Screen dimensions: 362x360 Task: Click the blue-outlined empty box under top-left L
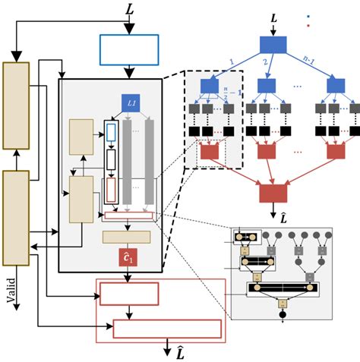point(129,50)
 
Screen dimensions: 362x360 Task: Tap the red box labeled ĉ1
point(127,258)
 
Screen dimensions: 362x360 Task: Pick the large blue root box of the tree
point(273,45)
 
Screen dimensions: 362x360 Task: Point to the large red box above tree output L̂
point(273,193)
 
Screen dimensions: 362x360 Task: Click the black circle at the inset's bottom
point(282,314)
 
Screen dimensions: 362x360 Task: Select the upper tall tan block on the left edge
point(16,105)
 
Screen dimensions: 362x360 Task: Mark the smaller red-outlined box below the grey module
point(129,293)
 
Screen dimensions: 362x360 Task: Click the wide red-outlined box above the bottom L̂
point(167,329)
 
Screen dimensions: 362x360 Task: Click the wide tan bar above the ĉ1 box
point(126,237)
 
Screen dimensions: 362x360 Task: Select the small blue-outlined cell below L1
point(111,133)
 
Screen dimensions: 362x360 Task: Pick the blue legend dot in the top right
point(308,15)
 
